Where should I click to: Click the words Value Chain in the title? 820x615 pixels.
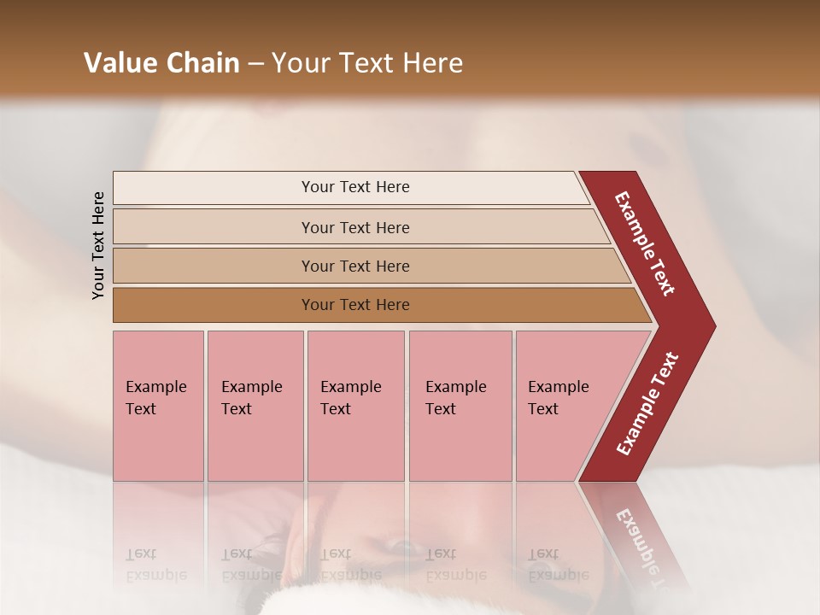pyautogui.click(x=161, y=63)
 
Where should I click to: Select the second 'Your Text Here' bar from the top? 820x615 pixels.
pyautogui.click(x=354, y=227)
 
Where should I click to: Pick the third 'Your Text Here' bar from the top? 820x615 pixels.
pyautogui.click(x=354, y=266)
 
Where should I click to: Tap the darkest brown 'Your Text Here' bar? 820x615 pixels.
pyautogui.click(x=354, y=305)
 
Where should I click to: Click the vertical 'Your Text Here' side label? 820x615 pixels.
pyautogui.click(x=98, y=245)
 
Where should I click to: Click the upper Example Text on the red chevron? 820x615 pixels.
pyautogui.click(x=645, y=243)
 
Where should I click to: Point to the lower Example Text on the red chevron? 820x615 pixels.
pyautogui.click(x=647, y=404)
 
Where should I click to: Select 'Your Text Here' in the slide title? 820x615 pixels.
pyautogui.click(x=367, y=63)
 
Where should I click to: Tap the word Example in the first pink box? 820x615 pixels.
pyautogui.click(x=155, y=387)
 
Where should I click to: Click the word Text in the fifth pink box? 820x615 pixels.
pyautogui.click(x=542, y=409)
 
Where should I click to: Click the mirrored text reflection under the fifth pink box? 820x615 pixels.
pyautogui.click(x=558, y=565)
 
